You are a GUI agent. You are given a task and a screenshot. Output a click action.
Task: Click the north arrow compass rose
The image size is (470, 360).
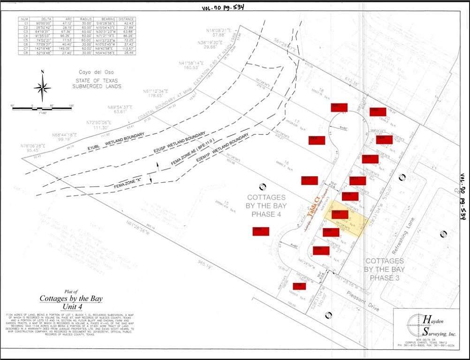pyautogui.click(x=42, y=87)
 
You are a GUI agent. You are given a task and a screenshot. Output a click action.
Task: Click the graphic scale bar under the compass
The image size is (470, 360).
pyautogui.click(x=42, y=108)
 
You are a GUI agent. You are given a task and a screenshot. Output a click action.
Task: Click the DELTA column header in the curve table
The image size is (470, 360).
pyautogui.click(x=44, y=19)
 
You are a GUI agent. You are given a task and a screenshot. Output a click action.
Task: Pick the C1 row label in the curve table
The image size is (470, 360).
pyautogui.click(x=26, y=22)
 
